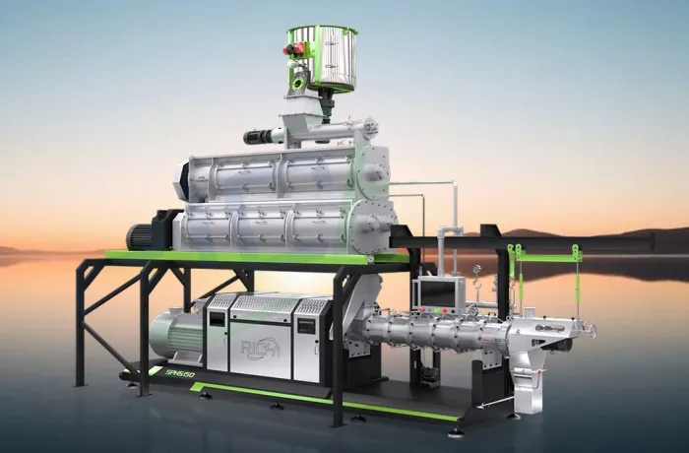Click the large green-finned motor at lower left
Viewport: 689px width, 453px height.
pos(178,334)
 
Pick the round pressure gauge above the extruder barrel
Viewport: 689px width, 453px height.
pos(474,269)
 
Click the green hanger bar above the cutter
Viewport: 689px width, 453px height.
pos(543,257)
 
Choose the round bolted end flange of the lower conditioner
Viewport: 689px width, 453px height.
pos(377,222)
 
